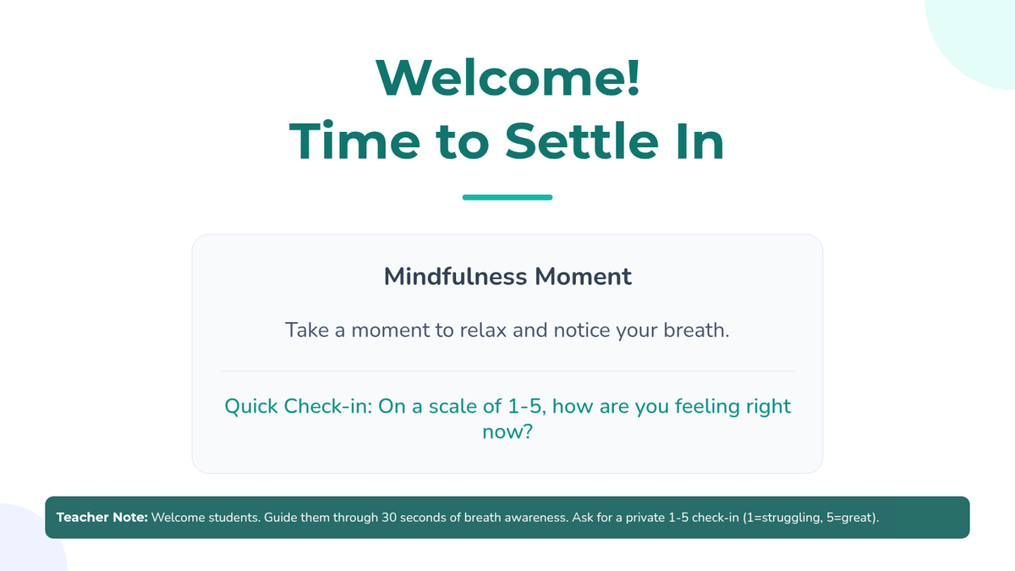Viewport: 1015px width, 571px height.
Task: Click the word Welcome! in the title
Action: click(507, 78)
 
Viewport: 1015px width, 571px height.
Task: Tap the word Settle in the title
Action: click(582, 141)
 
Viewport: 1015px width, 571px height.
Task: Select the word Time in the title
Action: click(354, 141)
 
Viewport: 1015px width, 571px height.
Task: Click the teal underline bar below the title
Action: click(507, 197)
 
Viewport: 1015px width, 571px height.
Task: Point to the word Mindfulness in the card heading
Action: click(455, 276)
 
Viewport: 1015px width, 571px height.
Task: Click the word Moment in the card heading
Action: click(583, 277)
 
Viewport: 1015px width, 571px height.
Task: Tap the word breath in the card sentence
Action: click(696, 330)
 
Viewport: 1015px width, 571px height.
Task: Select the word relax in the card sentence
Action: click(483, 330)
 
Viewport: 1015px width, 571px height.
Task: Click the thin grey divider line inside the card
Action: click(507, 371)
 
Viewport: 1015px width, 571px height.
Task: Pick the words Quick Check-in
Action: click(298, 406)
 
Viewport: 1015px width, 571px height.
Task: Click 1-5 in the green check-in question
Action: click(526, 406)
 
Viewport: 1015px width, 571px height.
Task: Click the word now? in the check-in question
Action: click(507, 431)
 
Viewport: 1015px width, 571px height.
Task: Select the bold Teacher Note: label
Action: click(102, 518)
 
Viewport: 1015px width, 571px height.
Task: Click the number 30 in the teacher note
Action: click(389, 518)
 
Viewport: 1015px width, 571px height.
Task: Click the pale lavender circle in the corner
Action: click(27, 544)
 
